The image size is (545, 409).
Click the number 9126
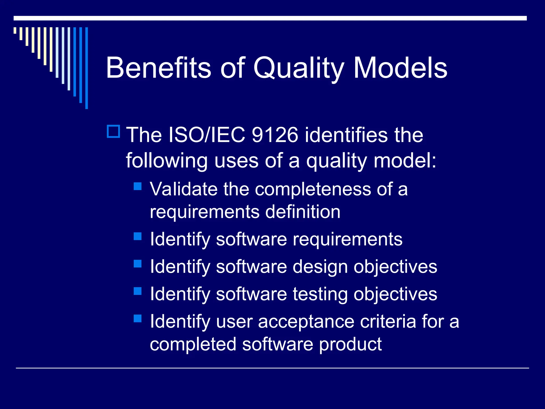[275, 135]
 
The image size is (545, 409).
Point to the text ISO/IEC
[207, 135]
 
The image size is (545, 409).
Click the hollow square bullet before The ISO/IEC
[114, 131]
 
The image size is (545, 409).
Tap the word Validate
[184, 189]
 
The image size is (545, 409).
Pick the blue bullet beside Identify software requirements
[138, 236]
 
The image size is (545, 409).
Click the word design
[320, 267]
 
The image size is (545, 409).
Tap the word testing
[320, 295]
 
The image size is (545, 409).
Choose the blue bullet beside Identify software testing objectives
[138, 291]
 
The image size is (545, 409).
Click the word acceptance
[306, 322]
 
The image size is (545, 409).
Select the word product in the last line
[350, 344]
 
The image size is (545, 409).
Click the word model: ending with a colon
[405, 161]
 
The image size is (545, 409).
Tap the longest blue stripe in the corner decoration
[86, 68]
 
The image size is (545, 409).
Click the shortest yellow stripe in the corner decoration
[15, 30]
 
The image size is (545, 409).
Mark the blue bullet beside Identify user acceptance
[138, 318]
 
